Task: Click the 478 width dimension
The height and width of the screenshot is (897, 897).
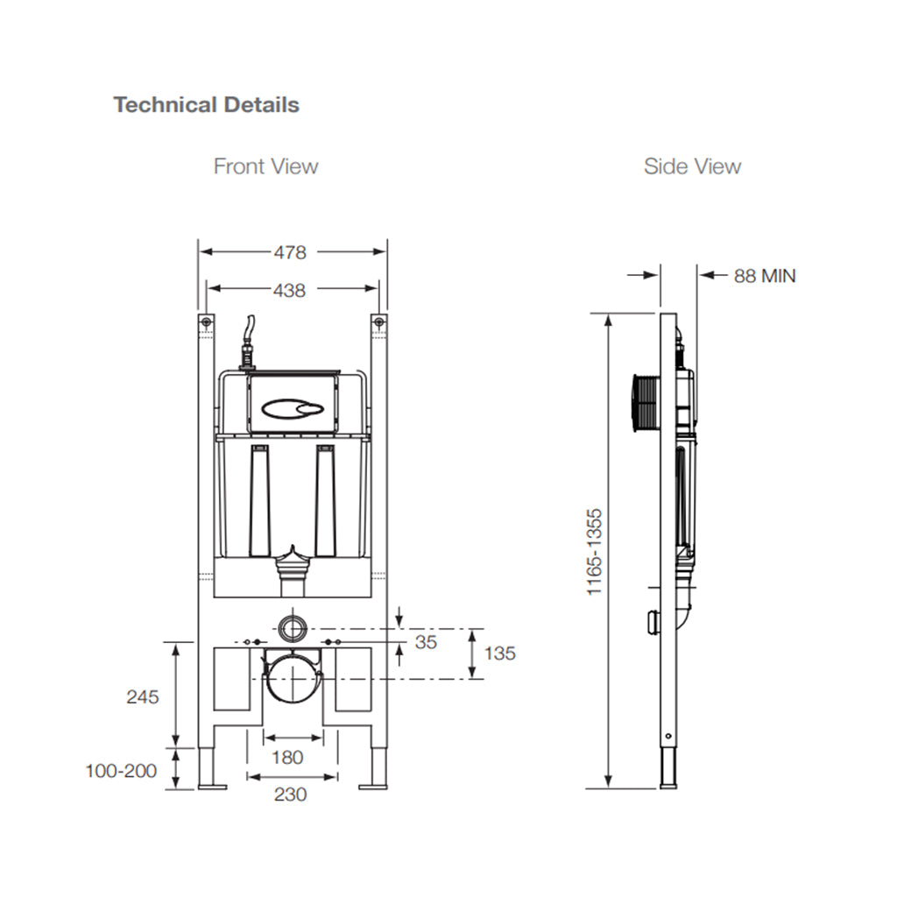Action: click(x=290, y=252)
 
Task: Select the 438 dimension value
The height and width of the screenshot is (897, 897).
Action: click(x=290, y=290)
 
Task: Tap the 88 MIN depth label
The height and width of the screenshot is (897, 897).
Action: click(x=765, y=276)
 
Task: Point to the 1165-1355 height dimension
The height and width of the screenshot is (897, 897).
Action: click(x=596, y=552)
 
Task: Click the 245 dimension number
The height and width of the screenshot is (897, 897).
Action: click(x=143, y=697)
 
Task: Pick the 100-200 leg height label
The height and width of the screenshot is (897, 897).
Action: click(x=121, y=771)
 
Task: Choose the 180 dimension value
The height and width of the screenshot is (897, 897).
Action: click(x=286, y=757)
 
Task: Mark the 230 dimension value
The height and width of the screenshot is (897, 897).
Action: click(x=290, y=795)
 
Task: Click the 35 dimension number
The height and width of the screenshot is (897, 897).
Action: click(x=426, y=642)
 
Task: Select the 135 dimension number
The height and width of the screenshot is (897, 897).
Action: click(x=499, y=653)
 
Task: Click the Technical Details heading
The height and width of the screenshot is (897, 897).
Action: click(x=206, y=105)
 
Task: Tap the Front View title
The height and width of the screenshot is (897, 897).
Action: click(x=265, y=166)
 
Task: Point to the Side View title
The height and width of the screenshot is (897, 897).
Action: click(x=692, y=166)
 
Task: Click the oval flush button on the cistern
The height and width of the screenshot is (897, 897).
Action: click(x=293, y=408)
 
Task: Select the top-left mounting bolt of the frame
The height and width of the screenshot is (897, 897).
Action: click(x=206, y=322)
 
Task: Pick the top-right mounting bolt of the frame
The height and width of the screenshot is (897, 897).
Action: click(x=378, y=322)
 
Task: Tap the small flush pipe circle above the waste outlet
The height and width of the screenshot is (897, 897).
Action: click(x=293, y=628)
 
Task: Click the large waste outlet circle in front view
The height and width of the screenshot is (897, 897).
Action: click(x=293, y=677)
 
